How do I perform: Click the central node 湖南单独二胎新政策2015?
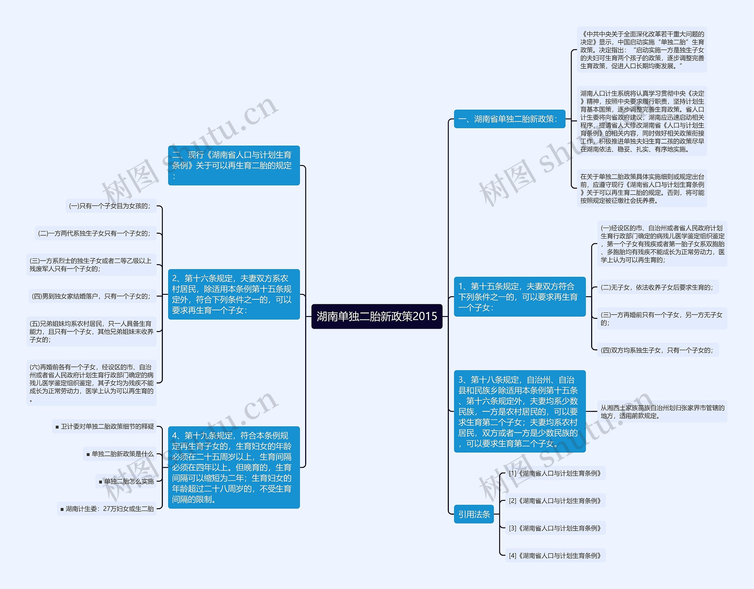coord(377,316)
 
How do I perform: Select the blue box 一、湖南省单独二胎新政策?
coord(509,119)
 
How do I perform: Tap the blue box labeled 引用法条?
coord(474,514)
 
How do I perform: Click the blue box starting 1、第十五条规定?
coord(520,297)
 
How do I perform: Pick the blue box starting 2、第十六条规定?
coord(234,294)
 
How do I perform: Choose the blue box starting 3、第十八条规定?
coord(520,411)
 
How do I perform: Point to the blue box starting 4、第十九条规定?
coord(234,467)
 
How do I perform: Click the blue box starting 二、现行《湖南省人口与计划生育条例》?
coord(234,165)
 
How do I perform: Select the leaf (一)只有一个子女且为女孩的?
coord(110,206)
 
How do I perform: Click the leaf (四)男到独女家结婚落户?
coord(92,296)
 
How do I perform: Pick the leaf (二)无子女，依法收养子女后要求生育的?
coord(658,287)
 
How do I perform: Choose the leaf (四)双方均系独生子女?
coord(658,350)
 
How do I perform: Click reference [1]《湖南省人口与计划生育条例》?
coord(555,473)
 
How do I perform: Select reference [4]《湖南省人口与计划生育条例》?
coord(555,555)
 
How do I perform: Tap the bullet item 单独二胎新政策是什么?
coord(120,454)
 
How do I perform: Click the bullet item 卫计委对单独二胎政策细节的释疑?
coord(105,426)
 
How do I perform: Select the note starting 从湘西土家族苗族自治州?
coord(662,412)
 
